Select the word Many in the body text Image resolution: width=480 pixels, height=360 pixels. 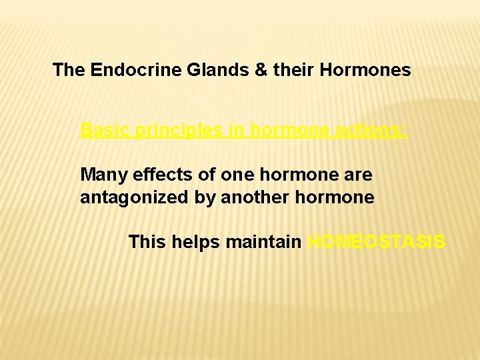104,175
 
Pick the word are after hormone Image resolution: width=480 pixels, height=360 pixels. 357,175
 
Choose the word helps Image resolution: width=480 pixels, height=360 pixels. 196,242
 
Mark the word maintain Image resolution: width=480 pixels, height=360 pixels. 264,241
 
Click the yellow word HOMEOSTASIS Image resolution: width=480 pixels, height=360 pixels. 377,241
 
